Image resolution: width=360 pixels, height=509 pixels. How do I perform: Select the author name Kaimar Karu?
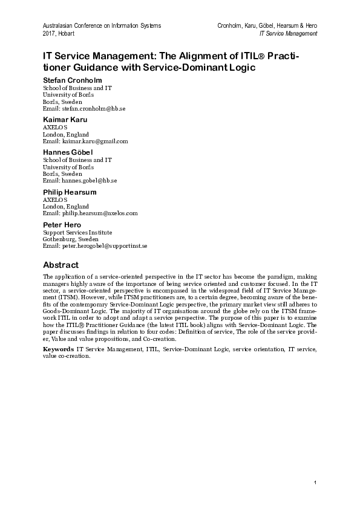point(64,120)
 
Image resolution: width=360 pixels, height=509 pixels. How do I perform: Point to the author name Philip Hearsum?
point(70,192)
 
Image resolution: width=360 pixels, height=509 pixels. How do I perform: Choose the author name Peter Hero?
point(62,224)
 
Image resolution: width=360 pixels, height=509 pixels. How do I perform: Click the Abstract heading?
point(61,264)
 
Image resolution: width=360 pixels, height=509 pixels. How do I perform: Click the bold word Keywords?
point(59,350)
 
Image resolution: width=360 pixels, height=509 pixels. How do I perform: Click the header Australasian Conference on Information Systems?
point(102,26)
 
